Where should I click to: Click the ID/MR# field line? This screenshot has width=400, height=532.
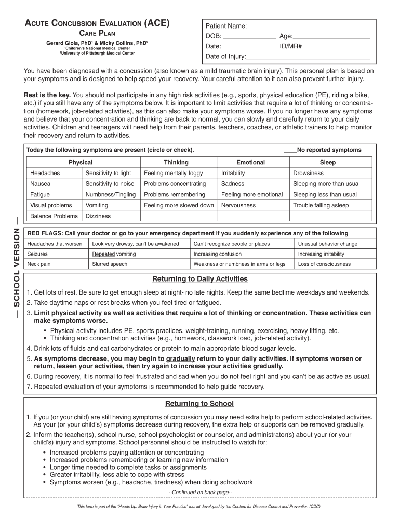click(x=336, y=47)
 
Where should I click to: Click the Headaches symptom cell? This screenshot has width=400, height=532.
click(x=45, y=173)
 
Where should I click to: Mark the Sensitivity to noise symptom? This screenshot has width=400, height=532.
click(x=110, y=184)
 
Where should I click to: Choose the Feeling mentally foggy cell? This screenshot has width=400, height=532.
click(x=174, y=173)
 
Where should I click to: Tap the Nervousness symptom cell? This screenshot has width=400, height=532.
click(x=238, y=205)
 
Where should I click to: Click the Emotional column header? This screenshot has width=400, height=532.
click(x=250, y=163)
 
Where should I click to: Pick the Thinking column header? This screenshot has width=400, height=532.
click(x=176, y=163)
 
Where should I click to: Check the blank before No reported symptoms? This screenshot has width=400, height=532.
click(x=290, y=150)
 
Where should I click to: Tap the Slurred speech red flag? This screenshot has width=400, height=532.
click(x=110, y=264)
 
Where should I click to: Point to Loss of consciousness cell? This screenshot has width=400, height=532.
click(x=324, y=264)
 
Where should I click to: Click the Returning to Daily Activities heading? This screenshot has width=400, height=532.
click(x=199, y=279)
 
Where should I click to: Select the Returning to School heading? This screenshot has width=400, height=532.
click(x=199, y=404)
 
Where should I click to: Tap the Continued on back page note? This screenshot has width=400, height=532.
click(x=200, y=492)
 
